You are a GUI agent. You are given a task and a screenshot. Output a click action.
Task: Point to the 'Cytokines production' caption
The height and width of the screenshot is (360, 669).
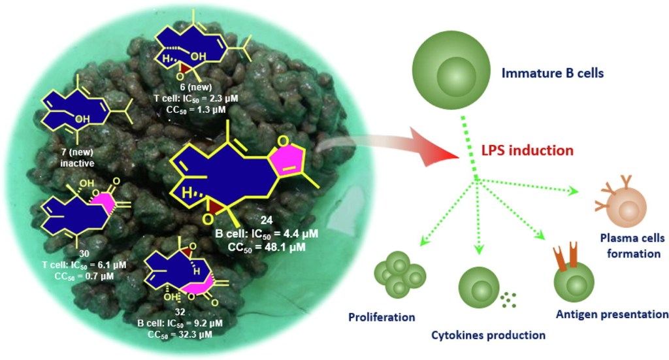click(488, 335)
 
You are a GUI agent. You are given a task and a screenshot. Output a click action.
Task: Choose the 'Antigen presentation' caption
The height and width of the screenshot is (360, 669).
click(612, 314)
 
